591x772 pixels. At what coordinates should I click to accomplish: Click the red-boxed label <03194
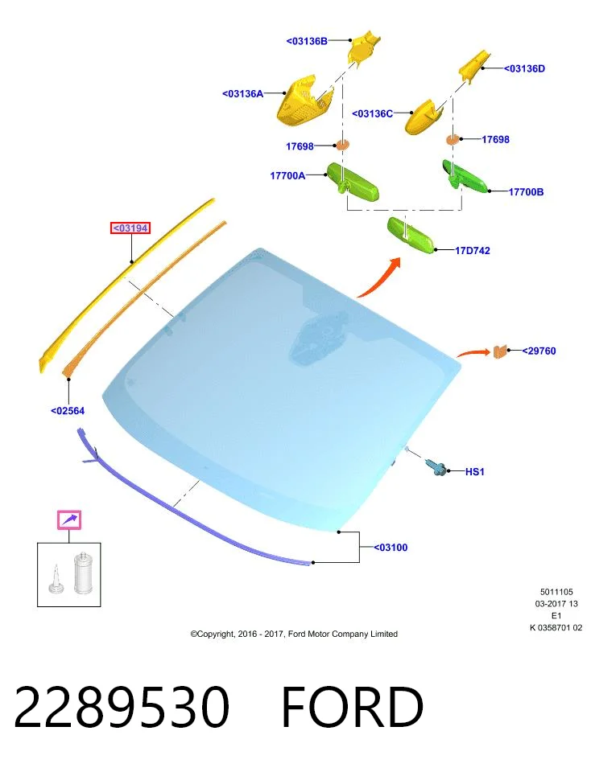pyautogui.click(x=130, y=228)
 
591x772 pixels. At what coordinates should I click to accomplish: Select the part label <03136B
pyautogui.click(x=307, y=41)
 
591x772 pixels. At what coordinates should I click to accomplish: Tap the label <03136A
pyautogui.click(x=242, y=93)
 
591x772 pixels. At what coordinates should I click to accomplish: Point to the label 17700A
pyautogui.click(x=287, y=175)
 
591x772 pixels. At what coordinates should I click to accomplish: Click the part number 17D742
pyautogui.click(x=472, y=251)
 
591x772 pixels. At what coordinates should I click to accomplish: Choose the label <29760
pyautogui.click(x=539, y=351)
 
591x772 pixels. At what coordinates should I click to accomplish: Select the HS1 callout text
pyautogui.click(x=475, y=472)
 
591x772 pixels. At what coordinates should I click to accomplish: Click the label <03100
pyautogui.click(x=391, y=548)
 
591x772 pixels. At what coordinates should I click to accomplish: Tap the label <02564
pyautogui.click(x=68, y=411)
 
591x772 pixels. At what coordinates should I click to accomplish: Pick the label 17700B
pyautogui.click(x=526, y=192)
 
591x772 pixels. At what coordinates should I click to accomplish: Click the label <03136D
pyautogui.click(x=524, y=69)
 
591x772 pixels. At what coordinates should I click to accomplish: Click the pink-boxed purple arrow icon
pyautogui.click(x=69, y=520)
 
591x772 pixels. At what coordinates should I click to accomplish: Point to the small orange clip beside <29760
pyautogui.click(x=500, y=351)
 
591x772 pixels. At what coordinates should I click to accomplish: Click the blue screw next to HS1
pyautogui.click(x=436, y=466)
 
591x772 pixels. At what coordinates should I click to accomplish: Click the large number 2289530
pyautogui.click(x=122, y=707)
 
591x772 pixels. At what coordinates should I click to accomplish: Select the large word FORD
pyautogui.click(x=353, y=707)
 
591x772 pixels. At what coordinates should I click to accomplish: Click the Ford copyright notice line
pyautogui.click(x=294, y=634)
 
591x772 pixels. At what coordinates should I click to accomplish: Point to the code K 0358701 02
pyautogui.click(x=556, y=628)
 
